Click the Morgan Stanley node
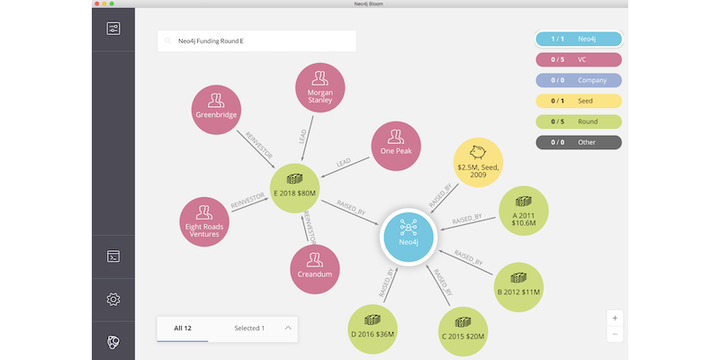click(319, 87)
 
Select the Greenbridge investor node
click(216, 110)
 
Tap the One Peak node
click(396, 146)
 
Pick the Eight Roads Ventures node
click(204, 221)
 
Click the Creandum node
click(315, 269)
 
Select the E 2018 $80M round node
click(295, 188)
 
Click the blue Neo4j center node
click(409, 237)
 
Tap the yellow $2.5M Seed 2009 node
click(479, 163)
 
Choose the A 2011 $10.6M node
click(524, 211)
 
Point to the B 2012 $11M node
click(518, 287)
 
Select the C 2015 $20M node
click(463, 331)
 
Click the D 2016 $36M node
click(373, 329)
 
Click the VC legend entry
click(579, 59)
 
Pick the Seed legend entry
click(579, 101)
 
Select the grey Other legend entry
click(579, 142)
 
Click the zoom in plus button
click(615, 319)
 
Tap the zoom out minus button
click(615, 334)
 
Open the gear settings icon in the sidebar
click(113, 300)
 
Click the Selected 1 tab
click(249, 328)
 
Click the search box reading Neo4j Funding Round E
click(256, 40)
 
